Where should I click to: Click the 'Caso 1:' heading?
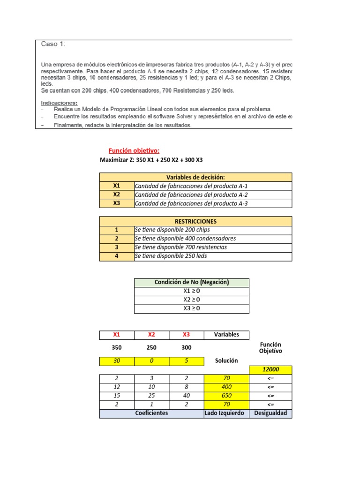click(53, 44)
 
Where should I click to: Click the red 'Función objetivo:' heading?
click(134, 150)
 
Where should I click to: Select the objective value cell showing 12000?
click(271, 370)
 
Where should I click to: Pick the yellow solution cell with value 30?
click(117, 361)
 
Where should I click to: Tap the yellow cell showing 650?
click(227, 395)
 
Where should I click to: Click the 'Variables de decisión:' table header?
click(195, 177)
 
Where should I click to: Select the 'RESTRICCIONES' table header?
click(195, 221)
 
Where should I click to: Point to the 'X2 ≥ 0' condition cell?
click(191, 300)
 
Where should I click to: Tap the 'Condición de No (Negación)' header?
click(191, 282)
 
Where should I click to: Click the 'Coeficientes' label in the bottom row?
click(152, 413)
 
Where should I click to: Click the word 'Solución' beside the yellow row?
click(226, 360)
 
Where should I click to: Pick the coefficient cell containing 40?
click(187, 395)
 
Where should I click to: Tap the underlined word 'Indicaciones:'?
click(60, 103)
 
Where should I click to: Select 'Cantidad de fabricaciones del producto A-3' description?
click(191, 203)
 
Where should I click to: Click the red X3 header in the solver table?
click(187, 335)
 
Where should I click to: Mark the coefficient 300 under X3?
click(187, 348)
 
